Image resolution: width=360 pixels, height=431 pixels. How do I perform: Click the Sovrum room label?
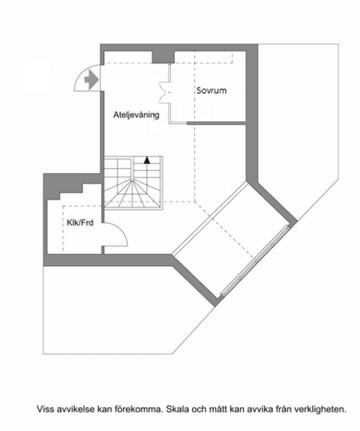[211, 91]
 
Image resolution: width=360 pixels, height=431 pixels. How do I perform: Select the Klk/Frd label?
[79, 222]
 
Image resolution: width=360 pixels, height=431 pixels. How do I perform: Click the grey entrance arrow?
[91, 77]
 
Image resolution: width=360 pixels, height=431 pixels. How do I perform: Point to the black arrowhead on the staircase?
[148, 159]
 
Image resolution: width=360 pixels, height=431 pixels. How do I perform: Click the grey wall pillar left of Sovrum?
[163, 56]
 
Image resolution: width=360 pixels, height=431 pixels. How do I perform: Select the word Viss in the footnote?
[46, 409]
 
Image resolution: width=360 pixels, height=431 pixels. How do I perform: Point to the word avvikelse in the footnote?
[77, 409]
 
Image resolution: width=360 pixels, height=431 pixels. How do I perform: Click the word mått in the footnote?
[232, 409]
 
